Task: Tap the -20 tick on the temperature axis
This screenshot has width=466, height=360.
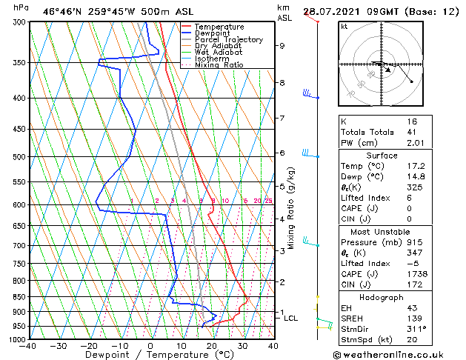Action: tap(89, 345)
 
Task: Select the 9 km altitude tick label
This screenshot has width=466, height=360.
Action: tap(282, 46)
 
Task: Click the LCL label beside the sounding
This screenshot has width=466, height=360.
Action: tap(290, 318)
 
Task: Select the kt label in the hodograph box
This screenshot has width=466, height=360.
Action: tap(344, 26)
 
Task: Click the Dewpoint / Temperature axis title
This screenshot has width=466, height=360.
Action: tap(150, 355)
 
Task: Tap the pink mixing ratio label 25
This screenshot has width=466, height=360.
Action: tap(269, 201)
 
